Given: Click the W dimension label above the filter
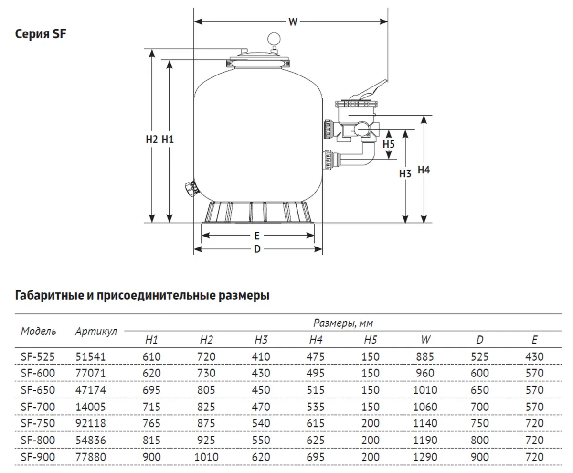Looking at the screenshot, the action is [x=293, y=21].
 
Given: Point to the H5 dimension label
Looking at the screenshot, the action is [x=389, y=144].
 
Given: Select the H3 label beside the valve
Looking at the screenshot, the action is [x=405, y=173].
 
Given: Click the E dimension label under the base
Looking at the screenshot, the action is [x=257, y=236].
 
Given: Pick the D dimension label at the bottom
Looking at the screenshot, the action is [x=257, y=249].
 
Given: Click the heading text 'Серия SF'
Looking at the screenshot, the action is [x=41, y=34].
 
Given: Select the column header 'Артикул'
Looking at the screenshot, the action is [x=96, y=332].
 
